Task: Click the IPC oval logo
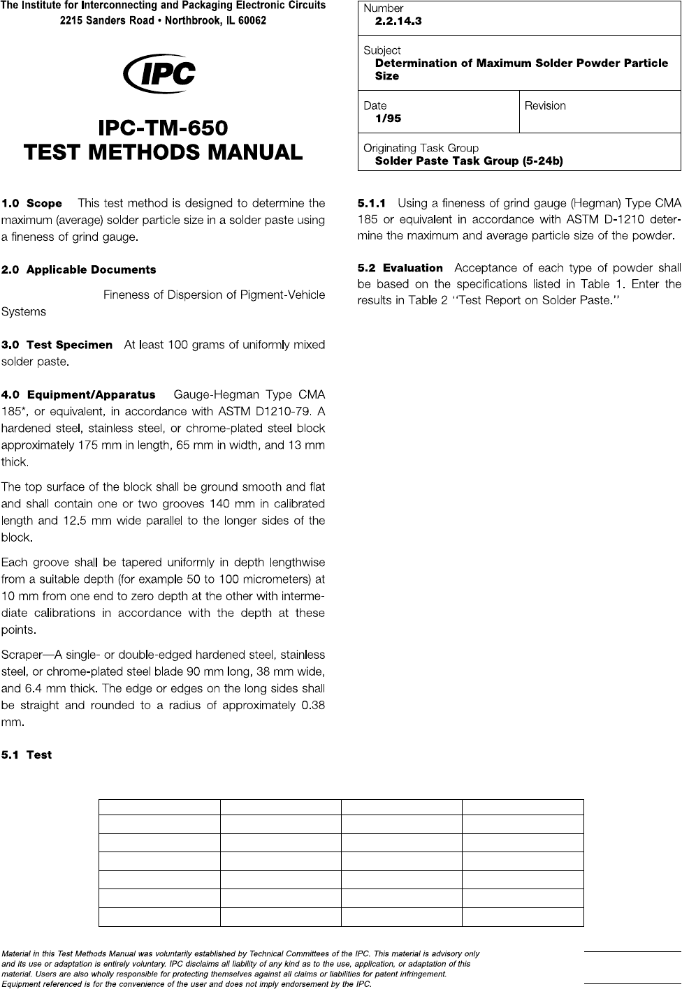point(159,73)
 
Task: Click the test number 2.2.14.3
point(398,22)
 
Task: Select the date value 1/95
point(388,119)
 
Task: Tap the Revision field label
point(545,106)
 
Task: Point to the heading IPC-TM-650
point(163,128)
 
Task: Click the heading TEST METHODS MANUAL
point(163,151)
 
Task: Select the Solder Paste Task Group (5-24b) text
point(469,161)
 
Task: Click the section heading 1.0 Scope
point(32,204)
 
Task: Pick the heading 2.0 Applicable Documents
point(79,270)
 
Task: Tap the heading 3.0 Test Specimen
point(57,345)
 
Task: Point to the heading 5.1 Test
point(27,755)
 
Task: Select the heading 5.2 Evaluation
point(400,268)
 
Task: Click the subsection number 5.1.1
point(371,204)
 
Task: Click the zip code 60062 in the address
point(251,21)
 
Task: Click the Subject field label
point(382,50)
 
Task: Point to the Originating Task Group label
point(421,148)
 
